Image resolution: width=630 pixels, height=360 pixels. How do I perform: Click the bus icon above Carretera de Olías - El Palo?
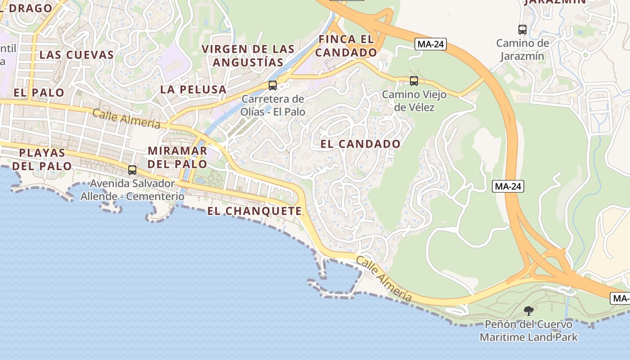point(272,85)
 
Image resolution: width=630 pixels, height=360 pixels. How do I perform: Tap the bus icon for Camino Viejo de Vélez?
point(414,81)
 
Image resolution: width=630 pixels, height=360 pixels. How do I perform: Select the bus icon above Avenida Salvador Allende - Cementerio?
point(132,170)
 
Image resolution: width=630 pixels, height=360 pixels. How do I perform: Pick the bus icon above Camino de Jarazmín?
point(522,30)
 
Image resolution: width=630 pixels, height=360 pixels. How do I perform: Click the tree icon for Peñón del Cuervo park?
point(529,310)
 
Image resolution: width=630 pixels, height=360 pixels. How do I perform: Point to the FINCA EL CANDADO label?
point(346,46)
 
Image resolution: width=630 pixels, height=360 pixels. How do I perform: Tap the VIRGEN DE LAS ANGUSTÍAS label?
point(248,55)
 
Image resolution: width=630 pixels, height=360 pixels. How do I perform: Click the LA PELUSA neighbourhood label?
point(193,89)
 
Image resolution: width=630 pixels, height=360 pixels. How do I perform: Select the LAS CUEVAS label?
point(76,55)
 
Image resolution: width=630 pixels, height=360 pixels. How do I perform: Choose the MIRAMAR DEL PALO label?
point(177,157)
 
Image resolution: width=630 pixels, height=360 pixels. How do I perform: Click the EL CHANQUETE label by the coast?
point(255,211)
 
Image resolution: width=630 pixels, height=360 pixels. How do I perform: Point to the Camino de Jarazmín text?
point(522,49)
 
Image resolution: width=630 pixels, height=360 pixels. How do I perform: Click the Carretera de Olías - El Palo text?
point(273,105)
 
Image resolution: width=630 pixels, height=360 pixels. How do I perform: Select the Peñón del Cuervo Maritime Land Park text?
point(528,331)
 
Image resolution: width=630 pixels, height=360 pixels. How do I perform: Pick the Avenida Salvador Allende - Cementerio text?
point(132,190)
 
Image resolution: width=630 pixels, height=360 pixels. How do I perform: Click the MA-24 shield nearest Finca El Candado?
point(430,44)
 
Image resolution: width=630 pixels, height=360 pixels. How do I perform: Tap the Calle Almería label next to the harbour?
point(384,279)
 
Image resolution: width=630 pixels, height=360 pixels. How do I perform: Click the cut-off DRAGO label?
point(27,8)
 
